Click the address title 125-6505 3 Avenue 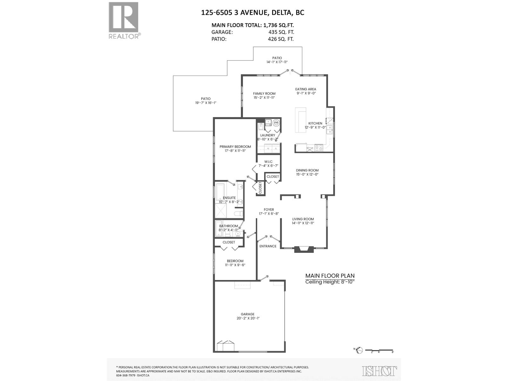pyautogui.click(x=252, y=13)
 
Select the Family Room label pyautogui.click(x=264, y=93)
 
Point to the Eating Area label pyautogui.click(x=305, y=89)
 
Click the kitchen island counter pyautogui.click(x=300, y=120)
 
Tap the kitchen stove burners pyautogui.click(x=318, y=147)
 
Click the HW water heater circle pyautogui.click(x=276, y=123)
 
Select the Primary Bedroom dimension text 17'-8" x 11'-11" pyautogui.click(x=235, y=151)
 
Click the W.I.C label pyautogui.click(x=268, y=162)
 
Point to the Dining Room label pyautogui.click(x=307, y=170)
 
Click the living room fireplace pyautogui.click(x=304, y=249)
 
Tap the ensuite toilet pyautogui.click(x=238, y=213)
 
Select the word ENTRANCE pyautogui.click(x=268, y=246)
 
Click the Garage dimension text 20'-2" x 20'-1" pyautogui.click(x=247, y=318)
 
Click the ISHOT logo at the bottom pyautogui.click(x=379, y=371)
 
